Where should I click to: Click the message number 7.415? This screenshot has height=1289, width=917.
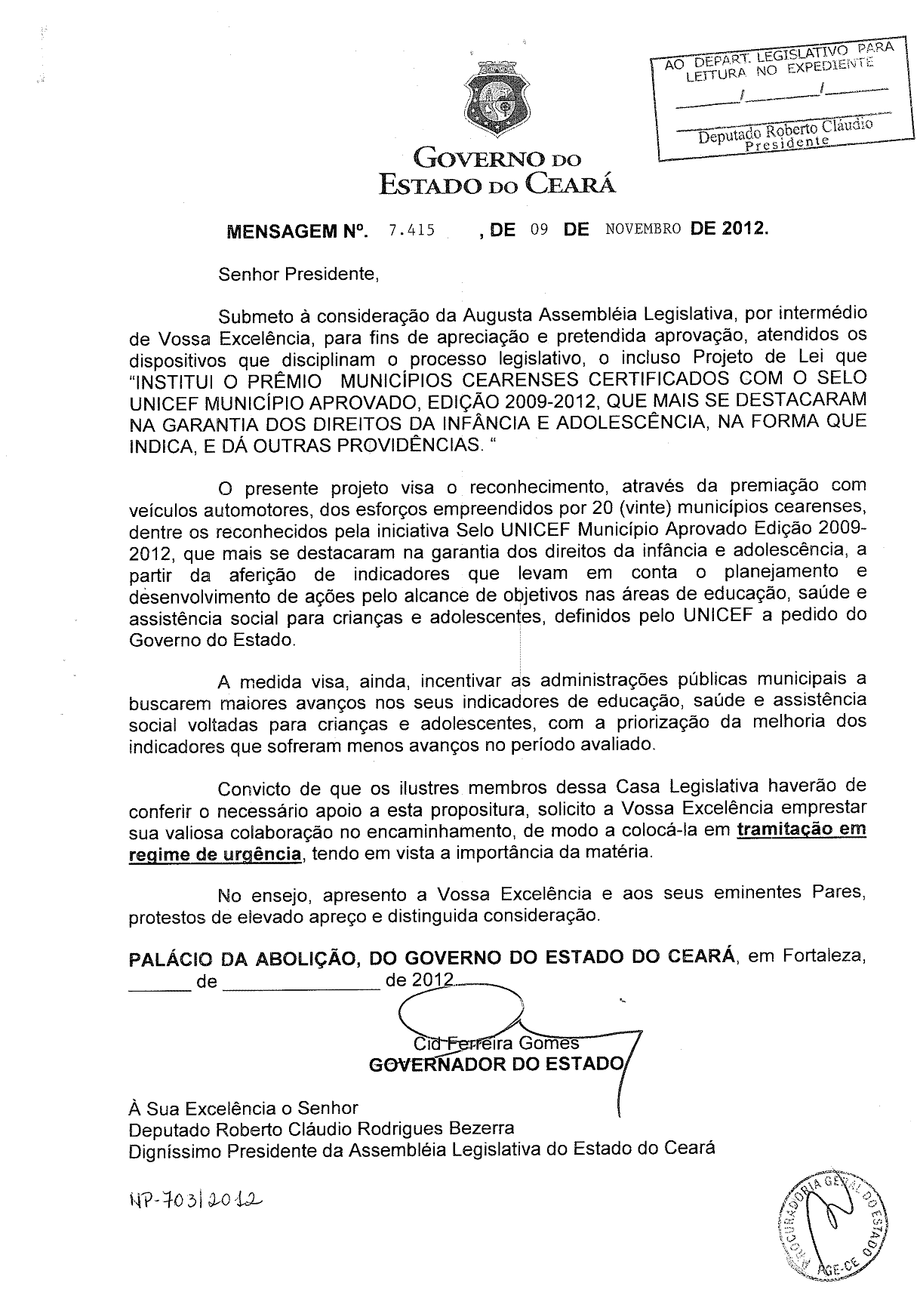pos(411,229)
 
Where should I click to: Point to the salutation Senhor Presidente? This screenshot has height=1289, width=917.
pos(297,273)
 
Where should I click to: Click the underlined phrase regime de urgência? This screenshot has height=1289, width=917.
pos(215,854)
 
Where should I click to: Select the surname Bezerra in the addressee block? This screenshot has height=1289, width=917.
pos(482,1128)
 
